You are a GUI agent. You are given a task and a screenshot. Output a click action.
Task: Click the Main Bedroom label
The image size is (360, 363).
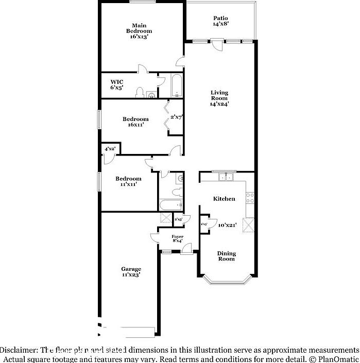pyautogui.click(x=139, y=31)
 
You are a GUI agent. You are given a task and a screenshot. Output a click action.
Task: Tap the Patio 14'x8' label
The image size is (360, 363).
pyautogui.click(x=220, y=21)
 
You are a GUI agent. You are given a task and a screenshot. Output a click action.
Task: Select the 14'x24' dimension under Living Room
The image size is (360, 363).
pyautogui.click(x=219, y=103)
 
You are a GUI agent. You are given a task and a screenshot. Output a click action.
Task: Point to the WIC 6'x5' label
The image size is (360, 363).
pyautogui.click(x=117, y=84)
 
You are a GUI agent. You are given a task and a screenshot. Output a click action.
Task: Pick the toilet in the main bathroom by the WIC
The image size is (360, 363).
pyautogui.click(x=140, y=93)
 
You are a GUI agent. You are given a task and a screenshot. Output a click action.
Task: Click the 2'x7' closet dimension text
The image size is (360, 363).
pyautogui.click(x=177, y=117)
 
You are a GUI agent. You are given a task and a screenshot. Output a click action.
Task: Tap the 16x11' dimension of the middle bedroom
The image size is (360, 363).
pyautogui.click(x=135, y=124)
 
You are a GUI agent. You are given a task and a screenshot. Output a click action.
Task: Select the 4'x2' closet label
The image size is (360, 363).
pyautogui.click(x=110, y=149)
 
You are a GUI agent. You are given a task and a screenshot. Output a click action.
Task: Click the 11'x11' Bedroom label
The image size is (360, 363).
pyautogui.click(x=128, y=181)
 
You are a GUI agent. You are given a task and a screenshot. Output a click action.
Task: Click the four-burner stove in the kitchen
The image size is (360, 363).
pyautogui.click(x=250, y=197)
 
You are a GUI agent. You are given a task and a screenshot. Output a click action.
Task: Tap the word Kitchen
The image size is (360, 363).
pyautogui.click(x=224, y=199)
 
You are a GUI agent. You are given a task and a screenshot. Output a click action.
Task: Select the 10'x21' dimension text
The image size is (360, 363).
pyautogui.click(x=227, y=224)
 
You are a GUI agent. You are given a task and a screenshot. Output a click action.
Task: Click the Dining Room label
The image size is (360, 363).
pyautogui.click(x=226, y=256)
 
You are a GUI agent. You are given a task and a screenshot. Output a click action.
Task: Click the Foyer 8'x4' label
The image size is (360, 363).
pyautogui.click(x=178, y=238)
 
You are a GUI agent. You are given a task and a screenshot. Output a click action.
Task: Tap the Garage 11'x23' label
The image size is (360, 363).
pyautogui.click(x=131, y=272)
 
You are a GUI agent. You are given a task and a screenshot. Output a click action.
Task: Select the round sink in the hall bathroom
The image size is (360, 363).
pyautogui.click(x=179, y=179)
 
